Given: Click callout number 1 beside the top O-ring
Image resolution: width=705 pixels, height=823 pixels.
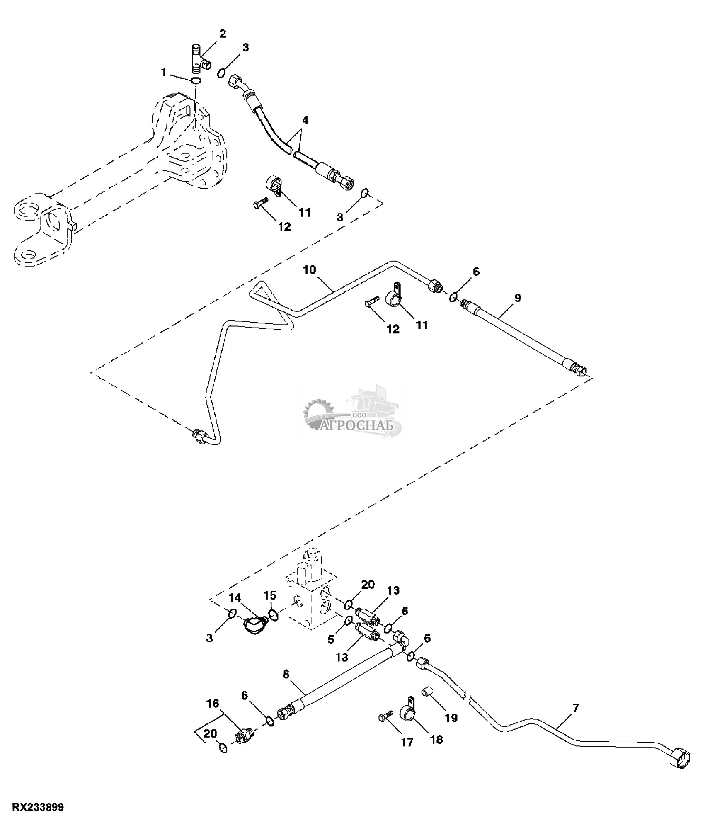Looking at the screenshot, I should tap(164, 73).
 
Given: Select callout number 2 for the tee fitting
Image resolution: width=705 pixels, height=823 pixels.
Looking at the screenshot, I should tap(223, 34).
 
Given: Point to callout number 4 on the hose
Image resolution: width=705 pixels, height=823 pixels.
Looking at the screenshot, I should tap(305, 121).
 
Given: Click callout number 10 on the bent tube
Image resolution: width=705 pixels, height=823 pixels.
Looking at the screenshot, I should tap(309, 270).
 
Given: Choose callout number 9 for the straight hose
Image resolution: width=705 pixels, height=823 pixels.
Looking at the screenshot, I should tap(518, 298).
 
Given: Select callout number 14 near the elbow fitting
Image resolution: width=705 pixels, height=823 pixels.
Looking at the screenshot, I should tap(235, 597).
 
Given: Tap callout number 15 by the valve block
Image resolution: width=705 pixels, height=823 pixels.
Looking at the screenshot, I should tap(270, 595).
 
